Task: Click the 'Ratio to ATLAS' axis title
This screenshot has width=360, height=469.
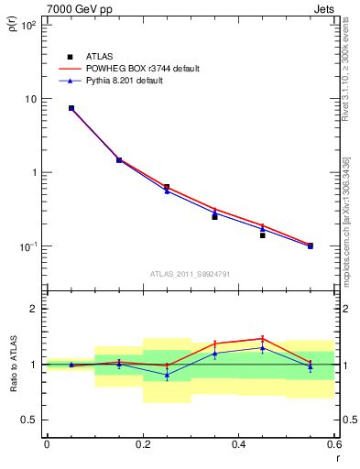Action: (13, 365)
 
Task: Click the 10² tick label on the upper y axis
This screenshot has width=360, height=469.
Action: (27, 26)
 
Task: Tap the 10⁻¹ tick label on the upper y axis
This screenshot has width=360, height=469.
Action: (27, 246)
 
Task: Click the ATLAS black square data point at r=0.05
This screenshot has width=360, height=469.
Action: (71, 108)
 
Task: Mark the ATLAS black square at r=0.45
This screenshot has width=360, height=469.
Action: (262, 235)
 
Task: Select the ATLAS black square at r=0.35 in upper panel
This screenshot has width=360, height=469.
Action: (214, 217)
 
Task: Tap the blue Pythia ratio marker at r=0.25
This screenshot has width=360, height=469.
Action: (167, 375)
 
